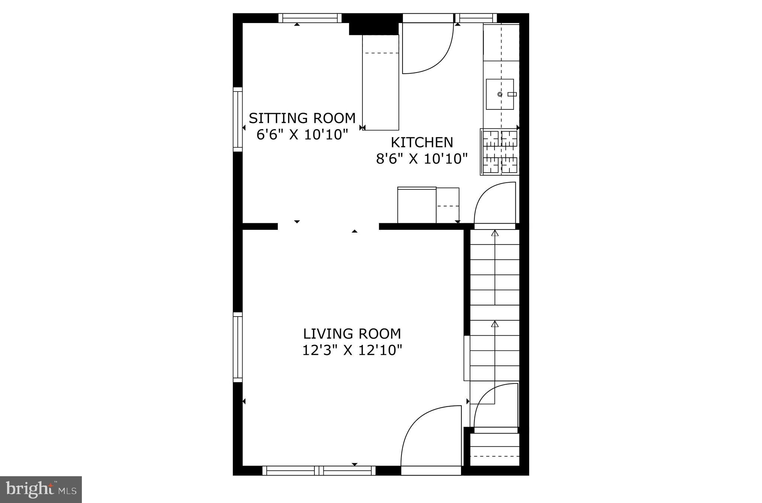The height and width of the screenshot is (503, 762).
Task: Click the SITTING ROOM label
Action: (x=302, y=118)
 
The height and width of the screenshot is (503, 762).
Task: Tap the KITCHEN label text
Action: (x=422, y=142)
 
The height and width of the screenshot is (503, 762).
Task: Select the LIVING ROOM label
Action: (x=352, y=334)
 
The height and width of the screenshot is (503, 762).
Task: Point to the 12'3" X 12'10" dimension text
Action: (x=352, y=350)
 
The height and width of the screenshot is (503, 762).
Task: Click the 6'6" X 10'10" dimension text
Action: (x=302, y=135)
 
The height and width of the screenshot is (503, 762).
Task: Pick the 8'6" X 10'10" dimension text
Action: (x=422, y=159)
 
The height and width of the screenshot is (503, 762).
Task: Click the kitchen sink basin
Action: (x=500, y=94)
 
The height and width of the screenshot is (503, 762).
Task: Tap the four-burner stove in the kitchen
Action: (x=499, y=152)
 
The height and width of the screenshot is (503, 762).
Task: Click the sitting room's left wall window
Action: (x=237, y=119)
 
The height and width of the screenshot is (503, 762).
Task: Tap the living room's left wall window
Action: (x=237, y=347)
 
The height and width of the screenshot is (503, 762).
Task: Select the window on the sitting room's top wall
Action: (x=310, y=18)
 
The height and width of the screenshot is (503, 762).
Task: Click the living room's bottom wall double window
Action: (x=319, y=471)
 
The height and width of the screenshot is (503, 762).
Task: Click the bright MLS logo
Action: (x=41, y=489)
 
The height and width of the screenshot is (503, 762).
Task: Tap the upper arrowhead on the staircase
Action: (x=494, y=233)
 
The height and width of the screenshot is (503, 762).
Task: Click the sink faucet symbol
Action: (x=512, y=94)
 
